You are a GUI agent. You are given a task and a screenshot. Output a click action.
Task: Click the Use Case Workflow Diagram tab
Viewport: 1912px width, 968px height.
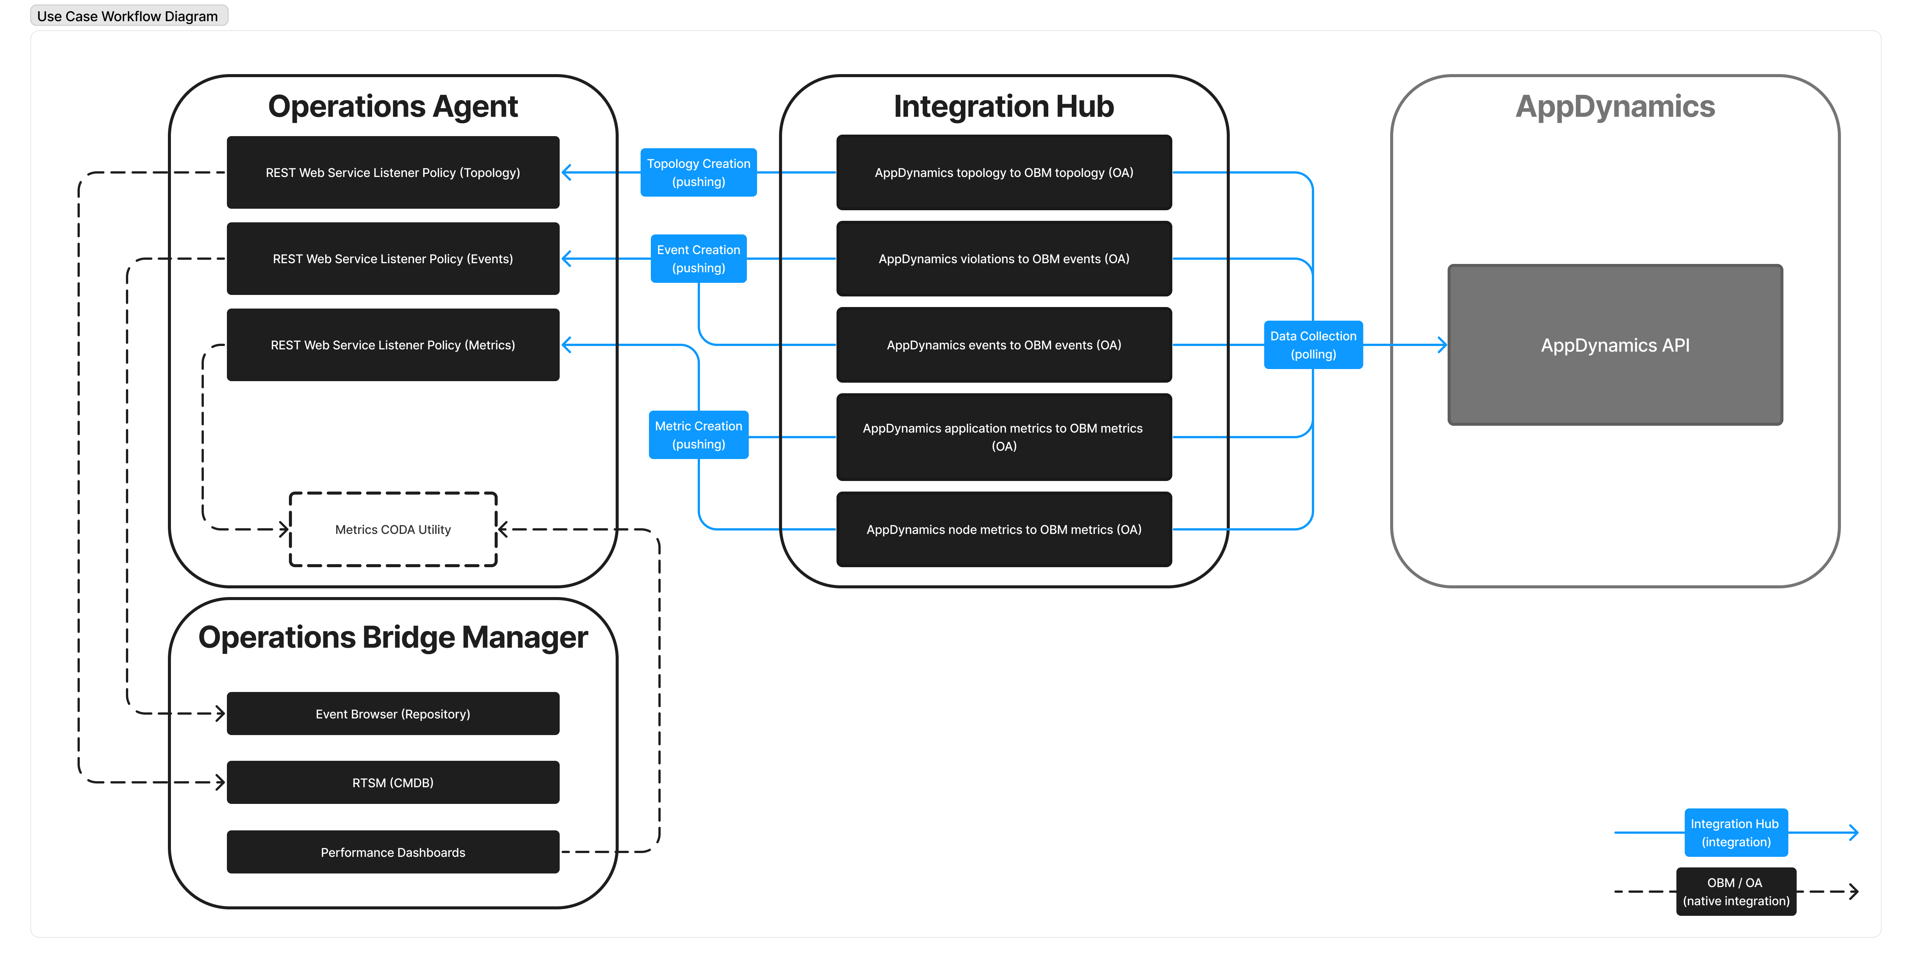[x=128, y=16]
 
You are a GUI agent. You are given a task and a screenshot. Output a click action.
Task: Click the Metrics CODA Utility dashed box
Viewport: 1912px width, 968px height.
[x=393, y=529]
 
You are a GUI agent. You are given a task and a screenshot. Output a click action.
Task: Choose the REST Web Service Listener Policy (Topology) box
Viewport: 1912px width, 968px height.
[x=393, y=172]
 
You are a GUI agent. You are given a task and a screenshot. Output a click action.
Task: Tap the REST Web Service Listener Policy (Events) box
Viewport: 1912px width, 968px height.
[x=393, y=258]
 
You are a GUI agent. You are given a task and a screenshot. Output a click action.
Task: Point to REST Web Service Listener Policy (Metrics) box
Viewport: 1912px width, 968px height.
[x=393, y=344]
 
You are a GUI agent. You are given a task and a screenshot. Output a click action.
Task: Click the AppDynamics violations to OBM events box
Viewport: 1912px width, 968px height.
[x=1004, y=258]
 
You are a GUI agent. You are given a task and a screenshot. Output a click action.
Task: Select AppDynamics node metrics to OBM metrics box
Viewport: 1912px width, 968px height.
[x=1004, y=529]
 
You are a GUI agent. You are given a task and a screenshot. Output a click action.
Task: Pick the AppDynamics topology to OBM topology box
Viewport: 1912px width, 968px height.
[x=1004, y=172]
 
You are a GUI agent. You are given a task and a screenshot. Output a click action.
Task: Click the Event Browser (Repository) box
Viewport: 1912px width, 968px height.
[x=393, y=714]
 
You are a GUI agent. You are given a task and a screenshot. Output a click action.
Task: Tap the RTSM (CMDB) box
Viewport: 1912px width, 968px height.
[x=393, y=782]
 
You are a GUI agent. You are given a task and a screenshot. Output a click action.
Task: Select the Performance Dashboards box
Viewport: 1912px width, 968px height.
[x=393, y=852]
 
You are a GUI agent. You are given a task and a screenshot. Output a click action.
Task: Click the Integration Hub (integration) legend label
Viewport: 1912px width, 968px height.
[x=1735, y=832]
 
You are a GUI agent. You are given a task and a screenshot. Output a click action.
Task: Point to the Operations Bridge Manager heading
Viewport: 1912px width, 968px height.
[x=393, y=637]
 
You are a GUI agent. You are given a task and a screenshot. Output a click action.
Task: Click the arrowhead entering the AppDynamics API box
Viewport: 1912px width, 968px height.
[x=1442, y=344]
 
